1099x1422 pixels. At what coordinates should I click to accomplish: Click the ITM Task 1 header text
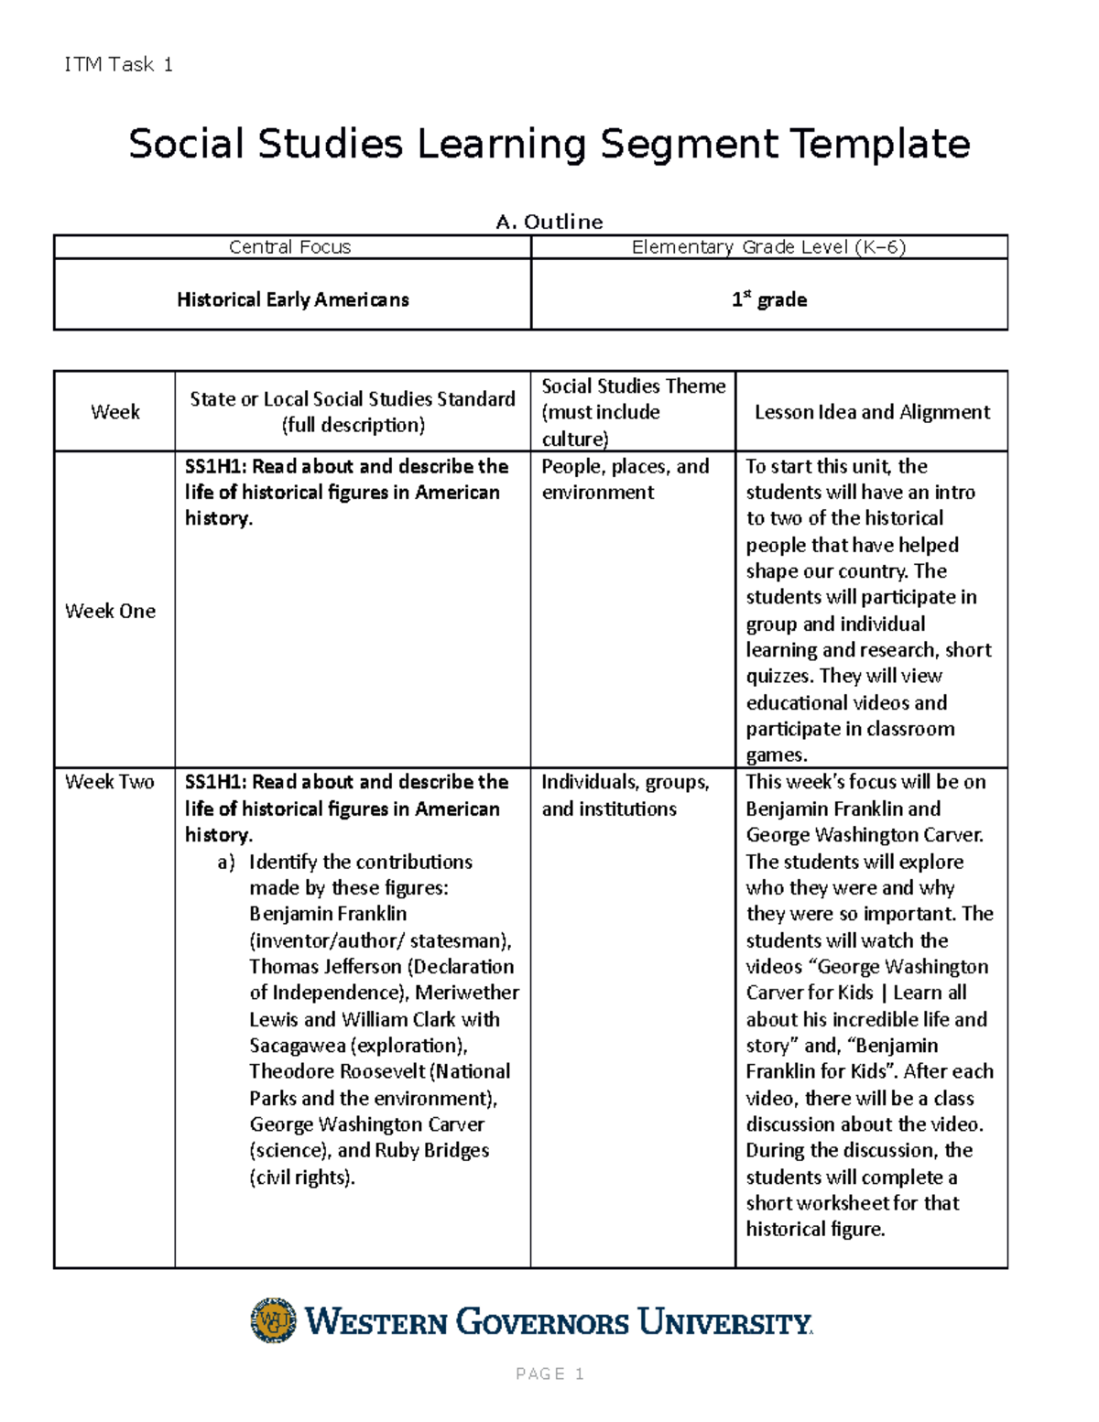click(x=118, y=64)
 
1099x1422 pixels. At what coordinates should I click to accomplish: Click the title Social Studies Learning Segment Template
click(x=549, y=144)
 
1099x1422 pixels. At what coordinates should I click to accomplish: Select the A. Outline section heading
click(x=549, y=222)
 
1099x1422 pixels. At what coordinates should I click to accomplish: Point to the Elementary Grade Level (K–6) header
click(x=768, y=247)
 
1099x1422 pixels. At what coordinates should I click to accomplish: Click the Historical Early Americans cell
click(x=292, y=299)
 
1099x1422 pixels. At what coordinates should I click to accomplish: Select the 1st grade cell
click(x=768, y=299)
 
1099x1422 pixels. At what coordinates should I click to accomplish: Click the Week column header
click(x=114, y=412)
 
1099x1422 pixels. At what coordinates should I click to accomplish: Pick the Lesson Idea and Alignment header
click(x=871, y=412)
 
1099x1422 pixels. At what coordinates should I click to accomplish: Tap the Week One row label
click(x=110, y=611)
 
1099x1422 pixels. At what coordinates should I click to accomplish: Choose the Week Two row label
click(x=109, y=782)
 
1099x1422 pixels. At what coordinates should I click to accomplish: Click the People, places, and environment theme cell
click(x=625, y=479)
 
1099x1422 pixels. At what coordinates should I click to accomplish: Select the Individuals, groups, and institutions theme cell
click(x=625, y=795)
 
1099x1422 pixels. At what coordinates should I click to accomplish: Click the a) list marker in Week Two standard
click(x=225, y=863)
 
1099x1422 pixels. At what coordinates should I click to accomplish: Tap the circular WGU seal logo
click(x=273, y=1320)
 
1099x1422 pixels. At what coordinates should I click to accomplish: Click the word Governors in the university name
click(x=542, y=1322)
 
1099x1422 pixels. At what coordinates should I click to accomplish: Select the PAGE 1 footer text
click(x=549, y=1373)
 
